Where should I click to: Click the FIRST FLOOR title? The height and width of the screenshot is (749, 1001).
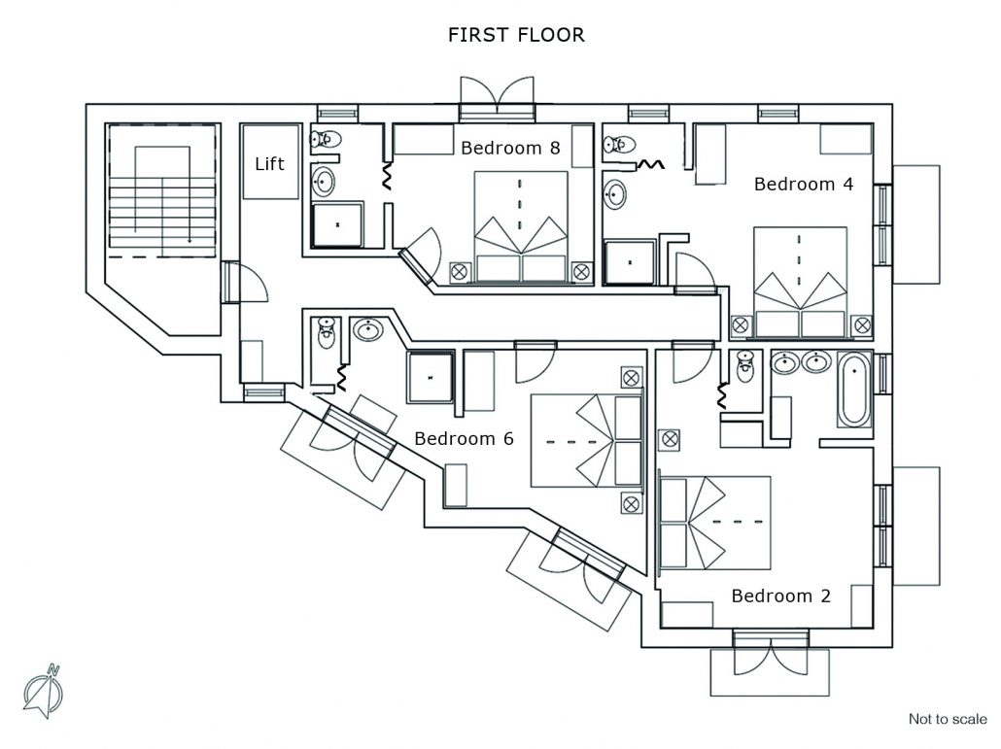[516, 34]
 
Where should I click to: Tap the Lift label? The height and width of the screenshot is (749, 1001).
[269, 164]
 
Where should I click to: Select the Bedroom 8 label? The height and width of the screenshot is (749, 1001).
[510, 148]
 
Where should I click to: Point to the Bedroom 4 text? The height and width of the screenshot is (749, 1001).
[803, 185]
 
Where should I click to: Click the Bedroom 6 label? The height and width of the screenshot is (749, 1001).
[464, 438]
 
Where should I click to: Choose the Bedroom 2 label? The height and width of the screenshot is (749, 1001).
[780, 596]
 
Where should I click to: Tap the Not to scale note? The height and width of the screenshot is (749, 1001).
[948, 719]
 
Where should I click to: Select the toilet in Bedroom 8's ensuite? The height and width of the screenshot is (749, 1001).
[326, 139]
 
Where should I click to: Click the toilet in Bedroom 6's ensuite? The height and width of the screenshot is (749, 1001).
[327, 332]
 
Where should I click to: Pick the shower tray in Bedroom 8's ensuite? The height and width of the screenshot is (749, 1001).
[337, 225]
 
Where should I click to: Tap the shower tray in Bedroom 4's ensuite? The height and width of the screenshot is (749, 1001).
[630, 262]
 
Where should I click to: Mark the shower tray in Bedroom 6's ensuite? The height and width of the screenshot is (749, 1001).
[431, 377]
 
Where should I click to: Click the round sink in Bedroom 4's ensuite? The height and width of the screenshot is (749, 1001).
[615, 194]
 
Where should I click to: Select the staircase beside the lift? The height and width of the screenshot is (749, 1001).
[162, 190]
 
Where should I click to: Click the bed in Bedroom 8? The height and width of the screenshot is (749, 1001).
[521, 226]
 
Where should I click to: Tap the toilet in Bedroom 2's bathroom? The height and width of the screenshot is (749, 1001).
[745, 365]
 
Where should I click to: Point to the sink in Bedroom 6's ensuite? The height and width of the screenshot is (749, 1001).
[367, 329]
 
